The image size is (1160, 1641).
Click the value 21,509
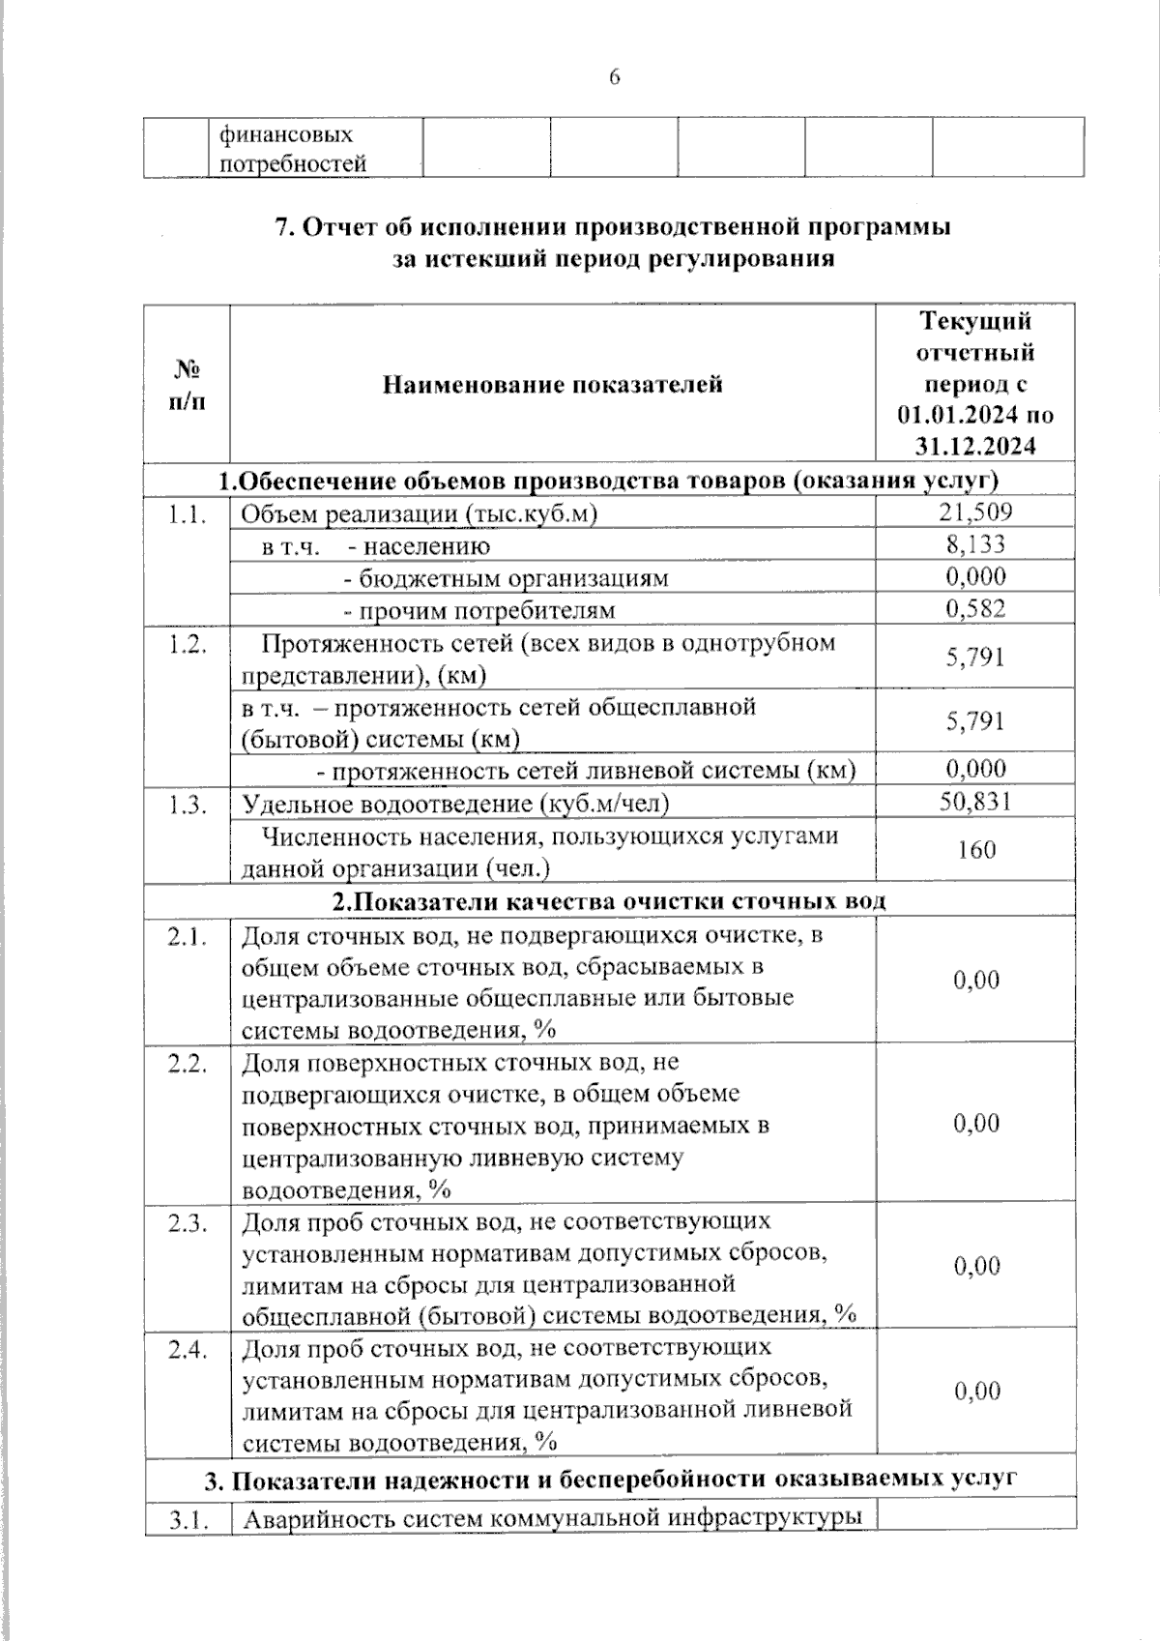point(975,513)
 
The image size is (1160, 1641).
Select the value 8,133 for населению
point(975,544)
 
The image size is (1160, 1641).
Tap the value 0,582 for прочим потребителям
point(975,608)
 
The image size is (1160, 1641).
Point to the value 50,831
point(975,801)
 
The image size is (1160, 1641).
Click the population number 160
point(976,850)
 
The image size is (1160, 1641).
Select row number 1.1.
point(187,514)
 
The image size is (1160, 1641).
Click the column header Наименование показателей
point(552,385)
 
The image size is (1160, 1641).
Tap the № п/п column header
point(187,384)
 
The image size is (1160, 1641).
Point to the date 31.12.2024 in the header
point(975,447)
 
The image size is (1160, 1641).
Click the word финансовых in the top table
point(286,133)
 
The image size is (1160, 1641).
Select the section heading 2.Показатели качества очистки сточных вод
point(609,901)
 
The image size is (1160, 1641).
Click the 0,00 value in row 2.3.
point(976,1266)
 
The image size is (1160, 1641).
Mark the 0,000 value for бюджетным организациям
point(975,576)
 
